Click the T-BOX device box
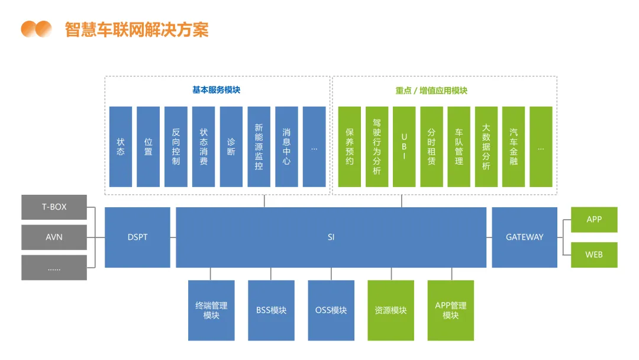tap(54, 207)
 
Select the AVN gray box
tap(54, 237)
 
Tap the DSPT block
tap(137, 237)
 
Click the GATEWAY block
tap(524, 237)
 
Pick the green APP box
tap(594, 220)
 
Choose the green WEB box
tap(594, 255)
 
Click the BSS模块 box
tap(271, 310)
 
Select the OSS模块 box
tap(331, 310)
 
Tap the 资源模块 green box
tap(391, 310)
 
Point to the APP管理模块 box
tap(451, 310)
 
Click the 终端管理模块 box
tap(211, 310)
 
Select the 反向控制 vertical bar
tap(176, 147)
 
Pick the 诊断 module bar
tap(231, 147)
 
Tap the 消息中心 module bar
tap(286, 147)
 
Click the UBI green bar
tap(404, 147)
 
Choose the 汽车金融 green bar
tap(514, 147)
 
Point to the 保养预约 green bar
tap(349, 147)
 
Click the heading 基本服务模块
tap(217, 91)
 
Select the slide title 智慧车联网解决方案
tap(137, 29)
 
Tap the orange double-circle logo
tap(36, 28)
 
